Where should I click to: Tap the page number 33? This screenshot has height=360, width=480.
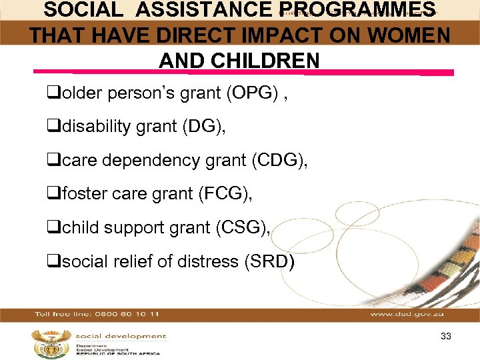[x=446, y=337]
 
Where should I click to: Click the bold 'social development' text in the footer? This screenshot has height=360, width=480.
[x=121, y=337]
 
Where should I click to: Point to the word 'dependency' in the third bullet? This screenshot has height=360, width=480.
[x=144, y=160]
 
